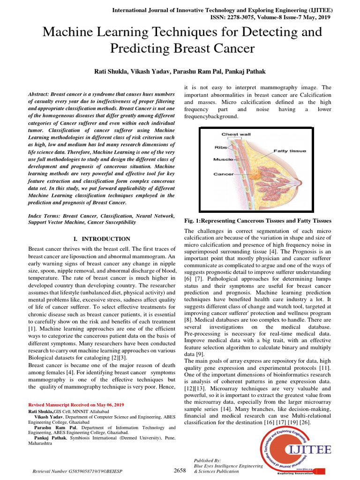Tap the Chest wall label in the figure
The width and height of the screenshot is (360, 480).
236,134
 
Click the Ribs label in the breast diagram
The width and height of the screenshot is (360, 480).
221,147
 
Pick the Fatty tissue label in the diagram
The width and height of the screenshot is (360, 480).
290,151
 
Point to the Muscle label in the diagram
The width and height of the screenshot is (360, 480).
223,159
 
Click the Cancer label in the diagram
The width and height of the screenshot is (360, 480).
224,174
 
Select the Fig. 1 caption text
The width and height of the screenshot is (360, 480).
258,220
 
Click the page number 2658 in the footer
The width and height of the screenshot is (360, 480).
180,470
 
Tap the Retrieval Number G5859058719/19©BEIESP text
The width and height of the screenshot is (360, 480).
77,471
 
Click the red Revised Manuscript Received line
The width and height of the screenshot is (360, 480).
76,404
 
